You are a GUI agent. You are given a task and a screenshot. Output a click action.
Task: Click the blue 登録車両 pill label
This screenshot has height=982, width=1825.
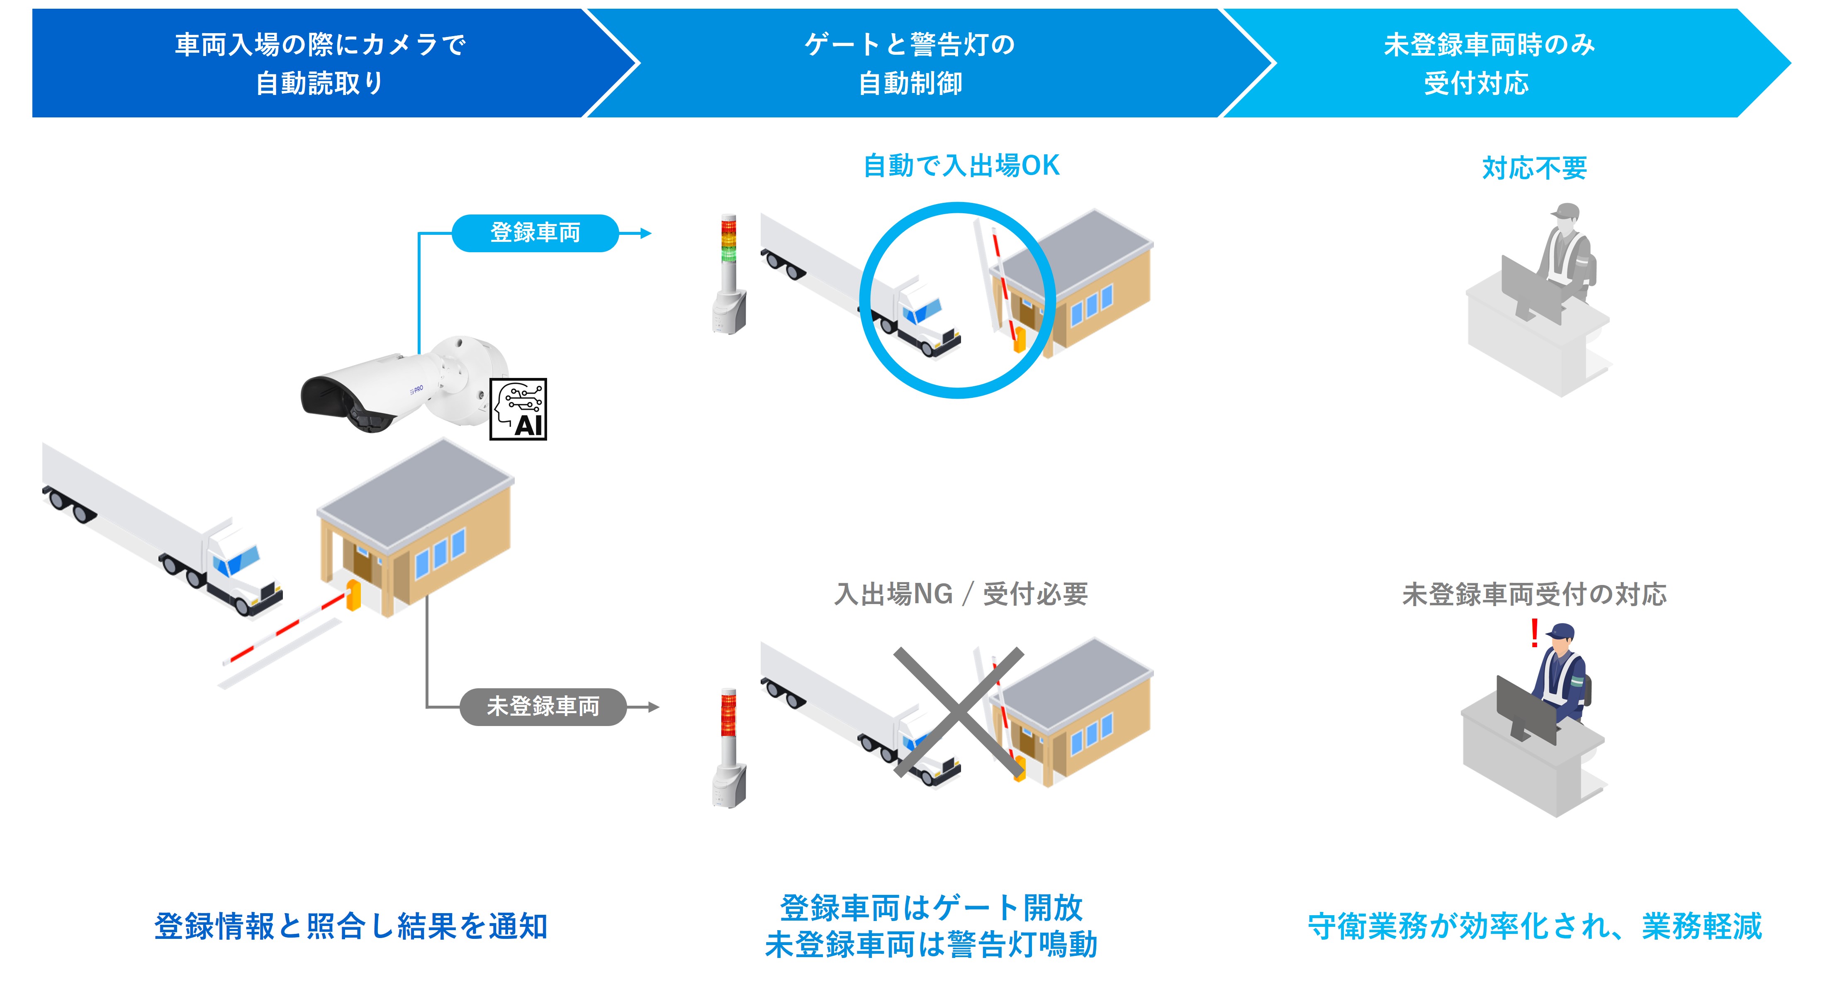click(535, 233)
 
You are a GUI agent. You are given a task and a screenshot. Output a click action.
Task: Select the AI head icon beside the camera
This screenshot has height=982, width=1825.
click(518, 409)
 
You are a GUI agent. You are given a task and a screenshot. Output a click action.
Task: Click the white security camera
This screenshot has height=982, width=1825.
click(404, 386)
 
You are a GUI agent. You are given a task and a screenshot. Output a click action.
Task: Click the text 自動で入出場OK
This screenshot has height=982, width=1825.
click(961, 166)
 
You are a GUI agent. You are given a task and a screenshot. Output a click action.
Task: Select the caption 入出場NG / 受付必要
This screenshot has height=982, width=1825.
click(961, 594)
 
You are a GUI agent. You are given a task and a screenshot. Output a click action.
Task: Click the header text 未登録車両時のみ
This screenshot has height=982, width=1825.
click(1489, 45)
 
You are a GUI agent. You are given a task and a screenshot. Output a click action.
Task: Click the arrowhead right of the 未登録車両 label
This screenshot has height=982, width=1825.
click(653, 707)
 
